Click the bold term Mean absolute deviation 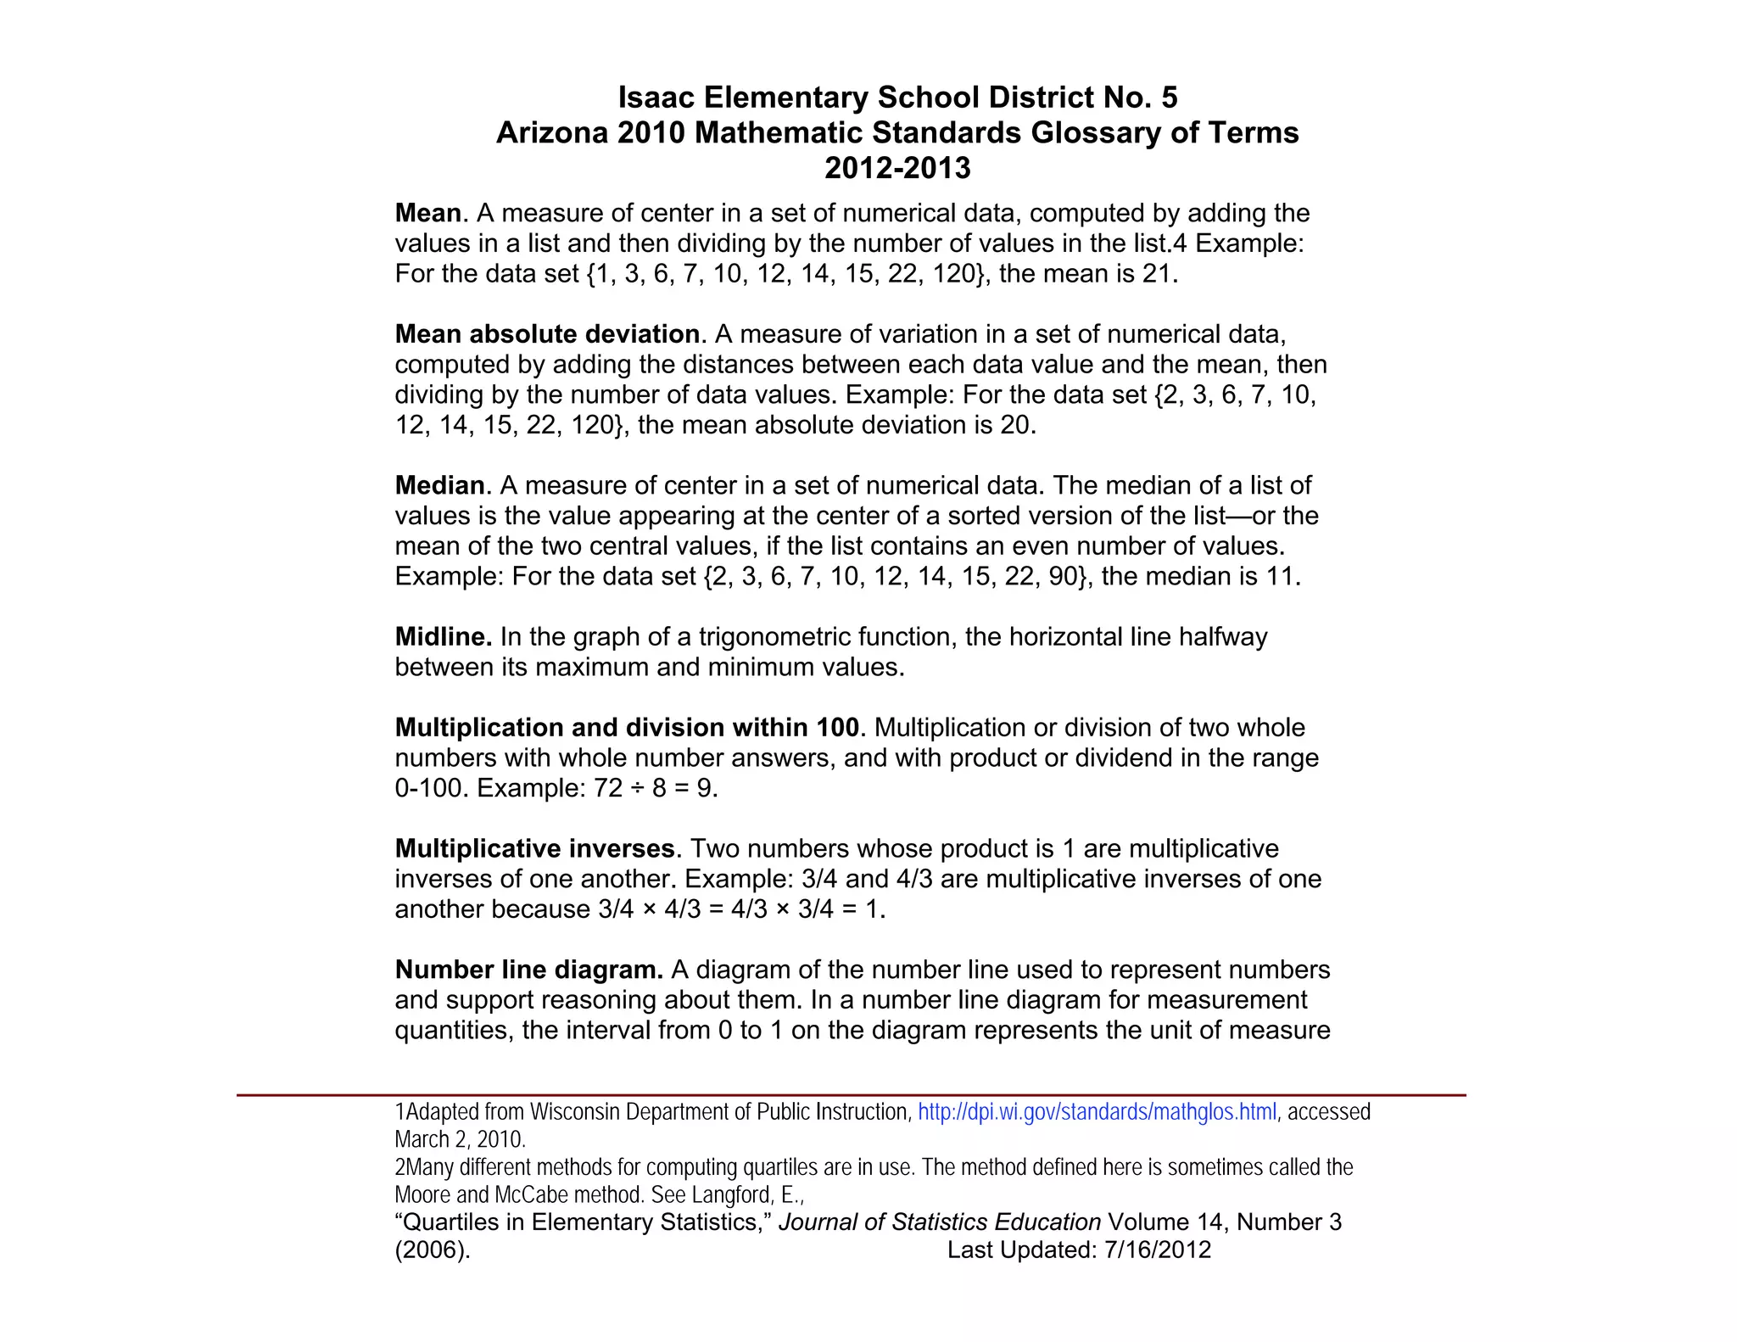click(x=548, y=334)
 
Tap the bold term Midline click(x=443, y=637)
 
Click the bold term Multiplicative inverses click(x=534, y=849)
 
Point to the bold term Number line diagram click(x=528, y=970)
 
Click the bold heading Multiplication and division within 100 click(x=627, y=728)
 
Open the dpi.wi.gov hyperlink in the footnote click(x=1097, y=1112)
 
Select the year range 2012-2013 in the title click(x=897, y=168)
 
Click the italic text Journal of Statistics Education click(x=939, y=1222)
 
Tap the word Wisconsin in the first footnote click(x=576, y=1112)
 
